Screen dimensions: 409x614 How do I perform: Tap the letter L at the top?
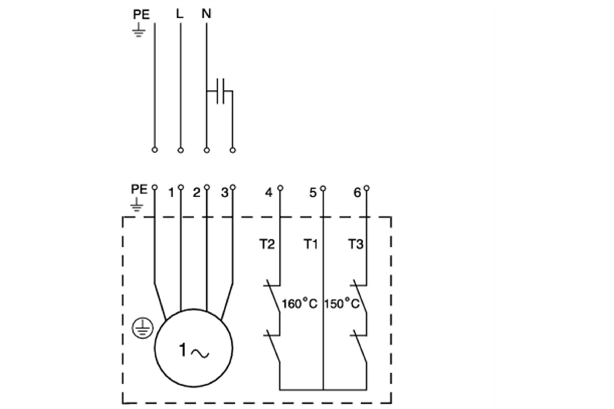[x=180, y=14]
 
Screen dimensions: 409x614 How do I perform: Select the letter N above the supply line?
[x=206, y=14]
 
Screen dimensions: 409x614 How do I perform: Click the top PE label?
[x=141, y=15]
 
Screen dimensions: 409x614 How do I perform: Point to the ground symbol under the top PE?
[x=139, y=30]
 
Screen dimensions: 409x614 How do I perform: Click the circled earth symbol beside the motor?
[x=143, y=328]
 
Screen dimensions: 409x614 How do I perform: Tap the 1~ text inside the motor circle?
[x=194, y=351]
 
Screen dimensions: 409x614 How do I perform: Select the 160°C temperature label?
[x=299, y=304]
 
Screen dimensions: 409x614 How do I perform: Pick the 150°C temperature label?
[x=341, y=304]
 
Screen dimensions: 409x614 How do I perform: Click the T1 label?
[x=311, y=244]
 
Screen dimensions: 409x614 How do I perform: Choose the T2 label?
[x=267, y=244]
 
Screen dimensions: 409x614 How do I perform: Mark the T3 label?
[x=356, y=244]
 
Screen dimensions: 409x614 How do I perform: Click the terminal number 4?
[x=269, y=193]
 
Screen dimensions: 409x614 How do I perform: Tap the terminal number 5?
[x=313, y=193]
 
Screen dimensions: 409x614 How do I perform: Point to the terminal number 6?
[x=357, y=193]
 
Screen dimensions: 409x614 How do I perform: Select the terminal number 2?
[x=196, y=193]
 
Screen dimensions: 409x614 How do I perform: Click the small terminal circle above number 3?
[x=233, y=187]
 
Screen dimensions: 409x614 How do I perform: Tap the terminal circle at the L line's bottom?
[x=181, y=150]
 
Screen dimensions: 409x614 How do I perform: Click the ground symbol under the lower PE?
[x=137, y=206]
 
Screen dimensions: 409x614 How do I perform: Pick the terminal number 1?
[x=171, y=193]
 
